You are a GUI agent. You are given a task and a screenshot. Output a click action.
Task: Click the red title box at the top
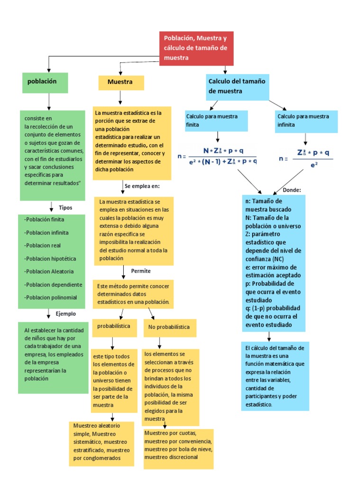(x=196, y=48)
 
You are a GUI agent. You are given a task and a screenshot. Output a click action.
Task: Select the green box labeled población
(x=45, y=82)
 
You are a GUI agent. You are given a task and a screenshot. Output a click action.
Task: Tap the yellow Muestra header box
(x=121, y=82)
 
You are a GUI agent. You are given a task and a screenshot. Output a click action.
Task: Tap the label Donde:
(x=292, y=190)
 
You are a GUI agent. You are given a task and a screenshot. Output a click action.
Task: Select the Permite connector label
(x=141, y=271)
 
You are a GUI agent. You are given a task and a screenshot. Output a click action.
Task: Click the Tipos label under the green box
(x=65, y=207)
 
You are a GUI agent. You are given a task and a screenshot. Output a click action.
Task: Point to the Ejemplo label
(x=66, y=314)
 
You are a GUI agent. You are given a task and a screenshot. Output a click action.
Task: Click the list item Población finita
(x=44, y=220)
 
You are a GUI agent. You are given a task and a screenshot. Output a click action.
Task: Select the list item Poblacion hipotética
(x=50, y=259)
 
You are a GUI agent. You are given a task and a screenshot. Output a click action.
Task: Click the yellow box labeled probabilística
(x=114, y=327)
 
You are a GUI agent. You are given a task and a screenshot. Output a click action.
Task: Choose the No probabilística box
(x=169, y=327)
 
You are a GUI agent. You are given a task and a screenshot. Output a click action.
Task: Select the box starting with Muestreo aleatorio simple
(x=101, y=442)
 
